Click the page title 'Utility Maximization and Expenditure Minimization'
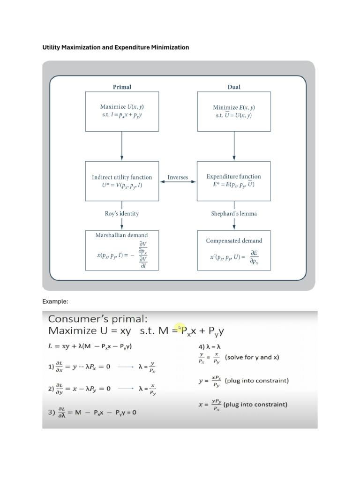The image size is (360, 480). pyautogui.click(x=116, y=47)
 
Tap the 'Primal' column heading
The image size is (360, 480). pyautogui.click(x=122, y=87)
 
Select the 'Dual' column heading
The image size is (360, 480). pyautogui.click(x=233, y=87)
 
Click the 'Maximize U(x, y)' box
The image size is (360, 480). pyautogui.click(x=122, y=111)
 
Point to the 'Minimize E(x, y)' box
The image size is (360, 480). pyautogui.click(x=233, y=111)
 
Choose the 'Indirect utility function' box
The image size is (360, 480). pyautogui.click(x=122, y=180)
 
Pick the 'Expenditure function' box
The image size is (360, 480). pyautogui.click(x=233, y=180)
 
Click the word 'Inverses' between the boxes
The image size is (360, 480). pyautogui.click(x=178, y=178)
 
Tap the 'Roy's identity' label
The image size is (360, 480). pyautogui.click(x=122, y=214)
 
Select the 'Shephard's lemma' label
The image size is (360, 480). pyautogui.click(x=233, y=214)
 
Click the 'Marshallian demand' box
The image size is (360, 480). pyautogui.click(x=122, y=250)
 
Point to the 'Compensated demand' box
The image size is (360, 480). pyautogui.click(x=233, y=250)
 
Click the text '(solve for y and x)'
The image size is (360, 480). pyautogui.click(x=252, y=357)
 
